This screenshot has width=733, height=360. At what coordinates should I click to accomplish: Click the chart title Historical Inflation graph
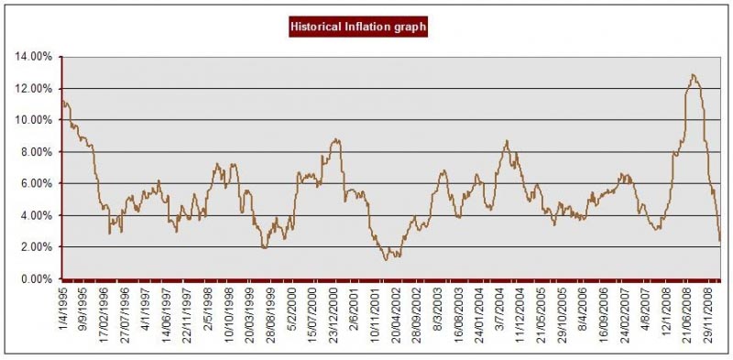357,27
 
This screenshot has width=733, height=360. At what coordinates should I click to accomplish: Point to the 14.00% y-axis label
34,57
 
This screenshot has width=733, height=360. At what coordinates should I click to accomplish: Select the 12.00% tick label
34,89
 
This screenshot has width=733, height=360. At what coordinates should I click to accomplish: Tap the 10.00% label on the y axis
34,120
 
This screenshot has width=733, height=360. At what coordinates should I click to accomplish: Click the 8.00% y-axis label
37,152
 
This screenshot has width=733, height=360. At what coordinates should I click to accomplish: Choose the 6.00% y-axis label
37,183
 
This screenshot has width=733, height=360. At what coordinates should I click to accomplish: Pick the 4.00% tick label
37,215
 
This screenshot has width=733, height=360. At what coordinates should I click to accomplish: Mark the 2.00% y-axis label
37,247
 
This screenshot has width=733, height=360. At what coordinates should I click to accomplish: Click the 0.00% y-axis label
37,278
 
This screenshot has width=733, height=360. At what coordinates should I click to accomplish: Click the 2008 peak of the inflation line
693,75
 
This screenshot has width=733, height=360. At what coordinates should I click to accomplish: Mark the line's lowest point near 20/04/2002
386,260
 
